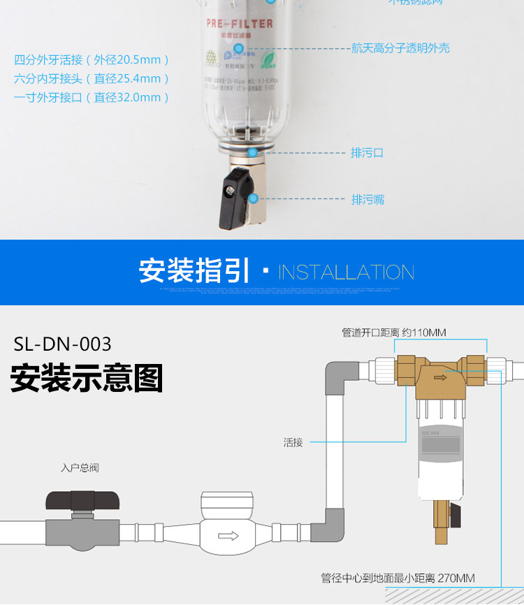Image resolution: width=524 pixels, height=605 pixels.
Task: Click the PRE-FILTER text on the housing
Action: (240, 24)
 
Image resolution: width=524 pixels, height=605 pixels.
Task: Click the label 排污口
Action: (367, 152)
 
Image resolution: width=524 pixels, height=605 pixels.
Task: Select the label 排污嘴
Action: (367, 200)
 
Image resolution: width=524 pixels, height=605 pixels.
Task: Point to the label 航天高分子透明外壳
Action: (400, 48)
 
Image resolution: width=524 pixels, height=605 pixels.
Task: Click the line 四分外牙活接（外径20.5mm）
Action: (92, 60)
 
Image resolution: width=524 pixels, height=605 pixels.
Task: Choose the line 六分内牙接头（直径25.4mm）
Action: (92, 79)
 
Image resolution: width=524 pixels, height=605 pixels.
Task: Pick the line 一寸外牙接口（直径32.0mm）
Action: (92, 98)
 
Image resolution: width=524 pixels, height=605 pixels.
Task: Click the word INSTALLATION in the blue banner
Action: (346, 272)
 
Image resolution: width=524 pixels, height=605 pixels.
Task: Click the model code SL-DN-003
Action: (62, 344)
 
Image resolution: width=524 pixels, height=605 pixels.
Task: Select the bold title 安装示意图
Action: (87, 378)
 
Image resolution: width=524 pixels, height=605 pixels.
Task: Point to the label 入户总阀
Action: (80, 467)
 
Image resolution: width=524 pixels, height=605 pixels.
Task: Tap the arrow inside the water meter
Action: (228, 537)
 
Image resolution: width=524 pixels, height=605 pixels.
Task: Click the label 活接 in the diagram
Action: (293, 442)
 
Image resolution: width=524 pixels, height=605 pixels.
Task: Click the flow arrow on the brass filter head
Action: (440, 378)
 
